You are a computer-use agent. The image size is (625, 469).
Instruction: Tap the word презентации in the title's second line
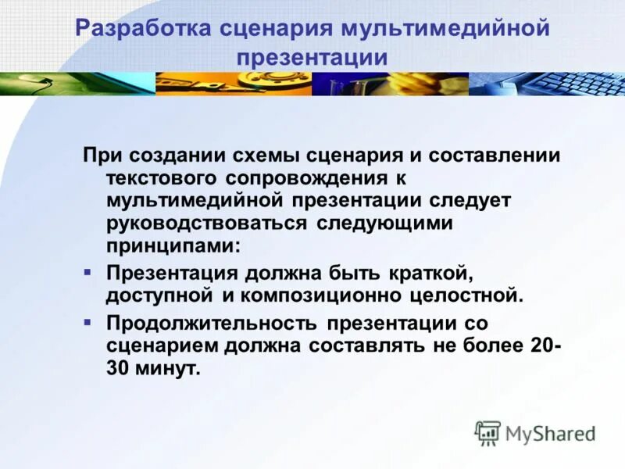pyautogui.click(x=312, y=57)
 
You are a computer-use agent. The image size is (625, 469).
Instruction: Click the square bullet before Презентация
pyautogui.click(x=88, y=271)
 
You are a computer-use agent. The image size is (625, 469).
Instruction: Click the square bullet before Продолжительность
pyautogui.click(x=88, y=321)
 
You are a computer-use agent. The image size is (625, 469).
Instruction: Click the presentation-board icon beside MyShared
pyautogui.click(x=487, y=432)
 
